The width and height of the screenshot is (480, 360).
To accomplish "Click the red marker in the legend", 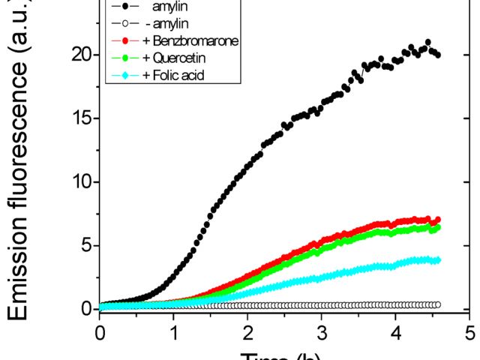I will point(126,40).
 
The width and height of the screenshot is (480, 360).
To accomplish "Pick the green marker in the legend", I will point(126,57).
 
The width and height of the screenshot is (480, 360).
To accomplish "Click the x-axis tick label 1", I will point(174,331).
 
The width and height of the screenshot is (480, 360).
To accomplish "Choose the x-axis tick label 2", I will point(247,331).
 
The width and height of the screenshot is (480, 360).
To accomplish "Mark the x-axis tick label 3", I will point(322,331).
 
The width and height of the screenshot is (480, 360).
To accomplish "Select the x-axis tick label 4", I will point(396,331).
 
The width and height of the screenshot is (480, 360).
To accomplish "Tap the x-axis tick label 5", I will point(469,331).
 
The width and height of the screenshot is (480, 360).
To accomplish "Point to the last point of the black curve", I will point(438,55).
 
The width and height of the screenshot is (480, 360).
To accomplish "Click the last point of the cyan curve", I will point(438,260).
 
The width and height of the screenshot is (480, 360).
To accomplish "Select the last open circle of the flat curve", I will point(438,304).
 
